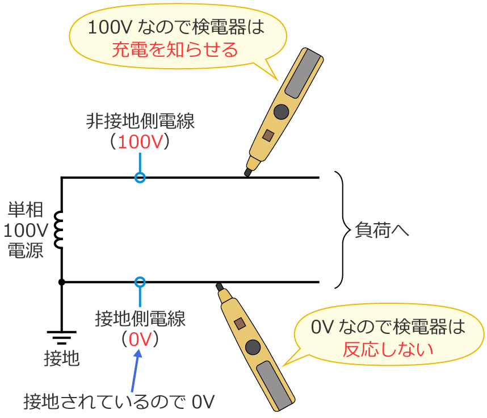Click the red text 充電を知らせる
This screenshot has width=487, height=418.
[x=174, y=51]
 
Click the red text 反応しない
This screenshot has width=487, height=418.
[x=388, y=348]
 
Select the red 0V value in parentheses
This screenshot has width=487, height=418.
[x=140, y=339]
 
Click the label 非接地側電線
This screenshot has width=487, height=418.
[x=140, y=121]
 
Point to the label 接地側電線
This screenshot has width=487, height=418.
[x=140, y=319]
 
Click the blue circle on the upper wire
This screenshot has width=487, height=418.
[x=140, y=178]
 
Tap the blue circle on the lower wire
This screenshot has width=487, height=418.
[x=140, y=282]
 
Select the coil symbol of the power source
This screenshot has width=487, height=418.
[x=58, y=230]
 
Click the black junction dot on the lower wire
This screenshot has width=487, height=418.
[x=61, y=282]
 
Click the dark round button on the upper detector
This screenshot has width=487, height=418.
[x=281, y=112]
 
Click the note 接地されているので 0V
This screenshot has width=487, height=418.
[x=119, y=401]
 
